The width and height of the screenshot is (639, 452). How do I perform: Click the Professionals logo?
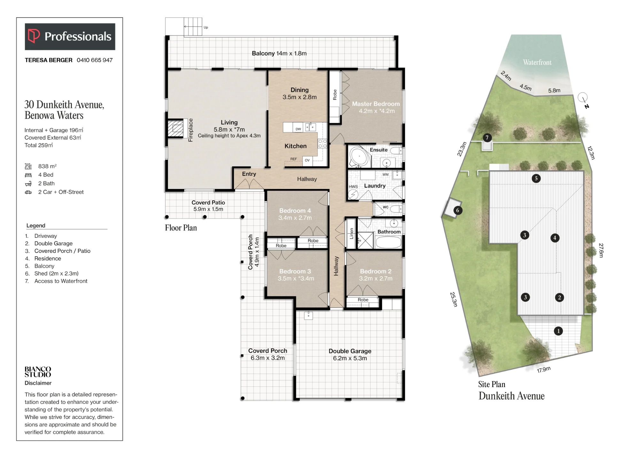point(70,36)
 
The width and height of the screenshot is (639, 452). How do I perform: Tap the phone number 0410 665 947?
point(95,60)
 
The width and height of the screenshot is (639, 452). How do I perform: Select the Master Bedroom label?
point(376,104)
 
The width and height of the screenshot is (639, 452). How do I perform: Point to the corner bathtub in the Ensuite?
point(359,157)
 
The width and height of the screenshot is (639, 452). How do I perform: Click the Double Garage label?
point(350,351)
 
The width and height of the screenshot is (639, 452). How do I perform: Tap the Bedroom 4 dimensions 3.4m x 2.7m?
point(295,218)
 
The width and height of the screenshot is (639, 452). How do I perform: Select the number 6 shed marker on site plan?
point(458,210)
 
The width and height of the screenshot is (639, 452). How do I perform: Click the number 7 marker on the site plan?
point(487,138)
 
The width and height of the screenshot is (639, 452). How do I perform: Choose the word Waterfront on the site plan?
point(537,62)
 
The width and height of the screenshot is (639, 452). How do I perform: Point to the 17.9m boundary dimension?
point(544,370)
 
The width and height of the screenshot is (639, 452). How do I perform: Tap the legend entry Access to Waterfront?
point(61,281)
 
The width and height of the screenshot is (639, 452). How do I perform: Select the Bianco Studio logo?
point(38,372)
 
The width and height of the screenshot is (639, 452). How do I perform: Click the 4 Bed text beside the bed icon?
point(46,175)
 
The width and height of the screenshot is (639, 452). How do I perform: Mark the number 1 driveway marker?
point(558,331)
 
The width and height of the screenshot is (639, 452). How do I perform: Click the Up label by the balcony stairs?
point(206,27)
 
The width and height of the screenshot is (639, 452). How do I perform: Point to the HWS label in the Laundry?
point(353,187)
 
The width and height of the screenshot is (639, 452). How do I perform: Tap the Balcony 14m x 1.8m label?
point(279,53)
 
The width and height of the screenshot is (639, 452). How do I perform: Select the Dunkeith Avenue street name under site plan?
point(512,396)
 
